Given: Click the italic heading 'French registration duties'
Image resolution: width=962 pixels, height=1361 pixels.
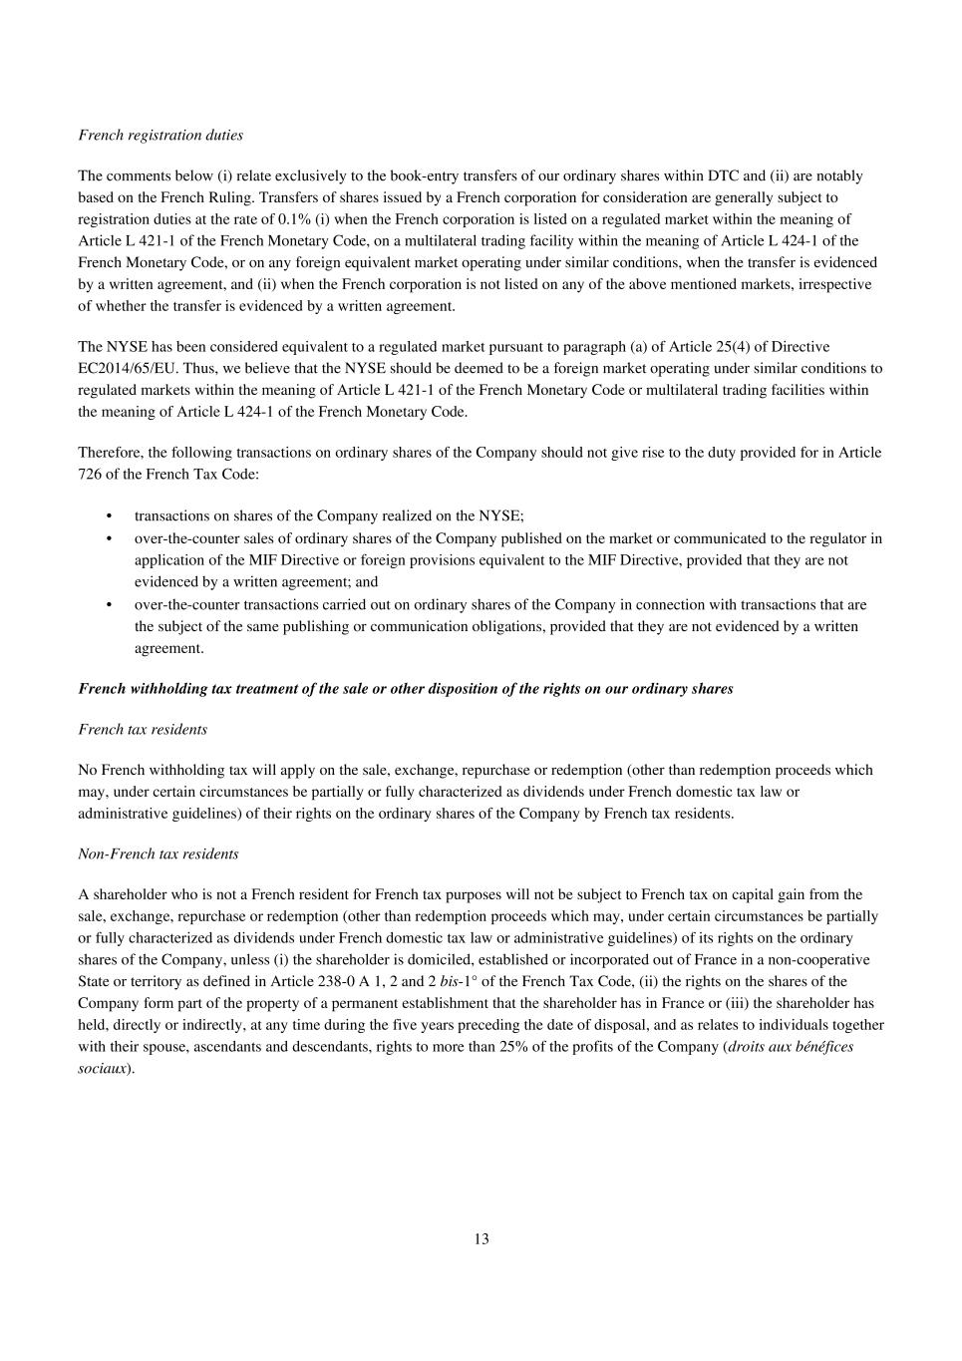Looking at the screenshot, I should pos(160,135).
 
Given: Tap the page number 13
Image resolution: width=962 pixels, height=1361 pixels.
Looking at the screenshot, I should pos(481,1238).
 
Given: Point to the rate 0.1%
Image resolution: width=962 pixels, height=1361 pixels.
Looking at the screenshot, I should pos(295,219).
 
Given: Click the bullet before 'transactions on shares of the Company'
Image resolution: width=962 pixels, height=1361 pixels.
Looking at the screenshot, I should pos(109,516).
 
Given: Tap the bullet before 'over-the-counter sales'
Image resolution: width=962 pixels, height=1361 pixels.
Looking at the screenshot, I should pos(109,538).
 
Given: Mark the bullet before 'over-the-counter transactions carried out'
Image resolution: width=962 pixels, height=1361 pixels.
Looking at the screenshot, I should pos(109,604).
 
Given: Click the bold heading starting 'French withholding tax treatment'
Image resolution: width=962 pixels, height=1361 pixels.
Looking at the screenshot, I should pos(406,689).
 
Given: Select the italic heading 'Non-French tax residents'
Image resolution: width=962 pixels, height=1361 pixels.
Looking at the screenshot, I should pos(159,853).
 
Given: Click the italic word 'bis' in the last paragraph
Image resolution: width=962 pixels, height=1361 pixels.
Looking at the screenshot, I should pos(449,981).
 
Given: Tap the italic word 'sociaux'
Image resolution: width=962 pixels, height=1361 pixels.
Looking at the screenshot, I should pos(102,1068).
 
